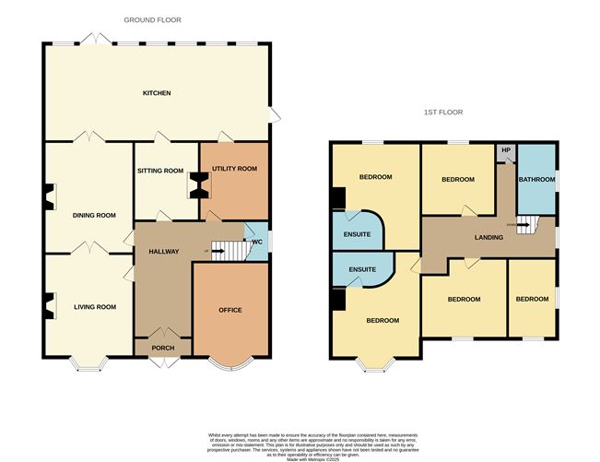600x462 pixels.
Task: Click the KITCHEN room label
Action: (156, 93)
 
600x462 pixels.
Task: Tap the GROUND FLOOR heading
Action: (153, 18)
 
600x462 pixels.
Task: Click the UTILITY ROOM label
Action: (234, 170)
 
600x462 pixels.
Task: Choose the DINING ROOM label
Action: (94, 215)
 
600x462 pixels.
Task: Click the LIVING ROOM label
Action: (94, 307)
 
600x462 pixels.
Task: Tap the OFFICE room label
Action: (230, 310)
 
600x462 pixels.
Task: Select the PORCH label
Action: (162, 349)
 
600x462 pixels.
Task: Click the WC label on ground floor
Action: (257, 243)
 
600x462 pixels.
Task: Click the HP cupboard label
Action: (506, 149)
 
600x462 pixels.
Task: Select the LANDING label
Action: (489, 237)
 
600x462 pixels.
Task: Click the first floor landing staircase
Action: (526, 225)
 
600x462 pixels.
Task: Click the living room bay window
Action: (89, 366)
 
